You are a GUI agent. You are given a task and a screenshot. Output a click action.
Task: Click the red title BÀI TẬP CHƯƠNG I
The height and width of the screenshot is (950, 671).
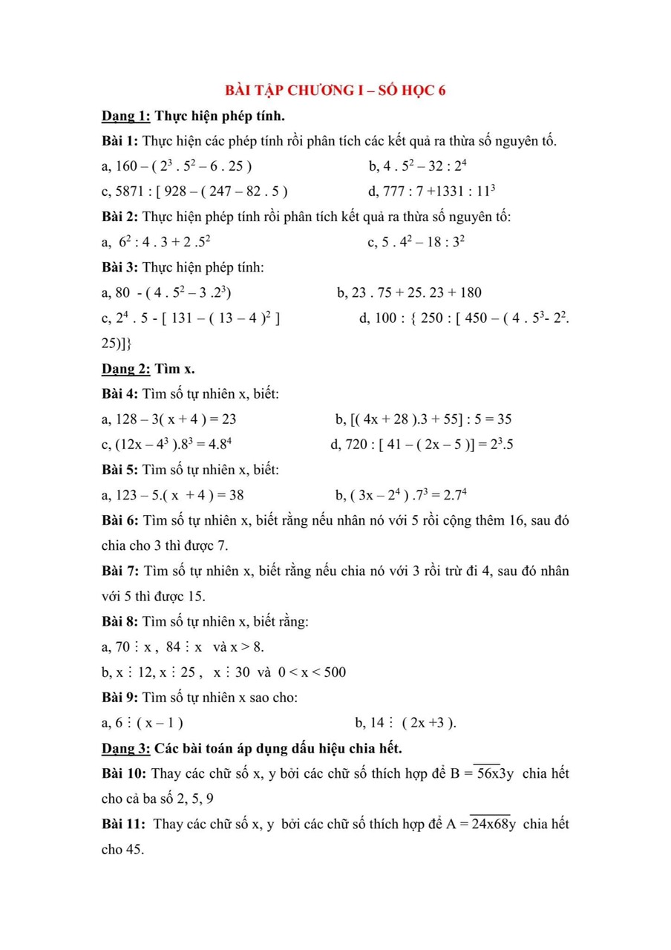click(x=335, y=91)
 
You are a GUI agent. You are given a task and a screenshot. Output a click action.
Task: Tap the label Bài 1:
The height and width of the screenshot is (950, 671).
click(x=120, y=141)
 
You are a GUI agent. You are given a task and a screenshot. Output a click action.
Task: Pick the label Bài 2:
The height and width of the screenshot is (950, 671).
click(x=120, y=217)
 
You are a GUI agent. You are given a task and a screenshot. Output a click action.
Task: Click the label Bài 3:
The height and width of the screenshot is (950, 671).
click(x=120, y=267)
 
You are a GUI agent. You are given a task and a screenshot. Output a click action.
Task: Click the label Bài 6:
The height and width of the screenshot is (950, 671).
click(x=120, y=521)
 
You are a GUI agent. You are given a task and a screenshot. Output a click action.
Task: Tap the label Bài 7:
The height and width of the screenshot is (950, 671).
click(x=120, y=571)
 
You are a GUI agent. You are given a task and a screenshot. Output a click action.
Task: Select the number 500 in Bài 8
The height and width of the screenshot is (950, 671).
click(x=333, y=672)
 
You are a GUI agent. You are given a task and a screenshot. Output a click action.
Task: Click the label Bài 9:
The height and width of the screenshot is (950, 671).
click(x=120, y=698)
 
